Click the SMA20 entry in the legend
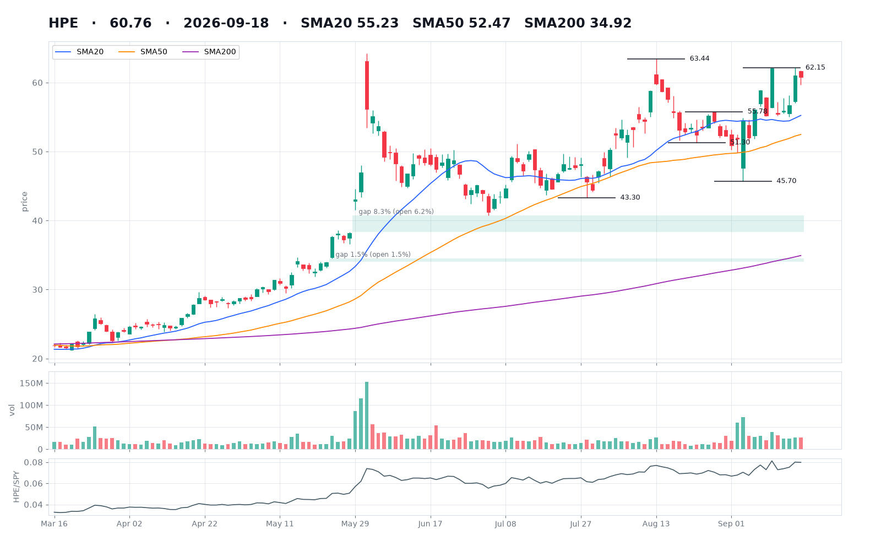pos(79,52)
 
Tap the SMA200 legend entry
pos(209,52)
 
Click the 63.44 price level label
pos(700,58)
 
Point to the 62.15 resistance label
pos(815,67)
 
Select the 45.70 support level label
pos(786,181)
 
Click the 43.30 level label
pos(630,198)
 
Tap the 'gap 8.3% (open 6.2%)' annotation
pos(396,212)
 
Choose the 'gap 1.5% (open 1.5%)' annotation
pos(373,255)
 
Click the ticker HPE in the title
pos(63,23)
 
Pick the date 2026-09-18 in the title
pos(226,23)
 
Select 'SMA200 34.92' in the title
pos(578,23)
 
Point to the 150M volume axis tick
pos(34,383)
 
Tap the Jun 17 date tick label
pos(430,524)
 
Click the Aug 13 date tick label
pos(656,524)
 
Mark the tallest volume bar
pos(367,415)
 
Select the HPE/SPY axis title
pos(16,487)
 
